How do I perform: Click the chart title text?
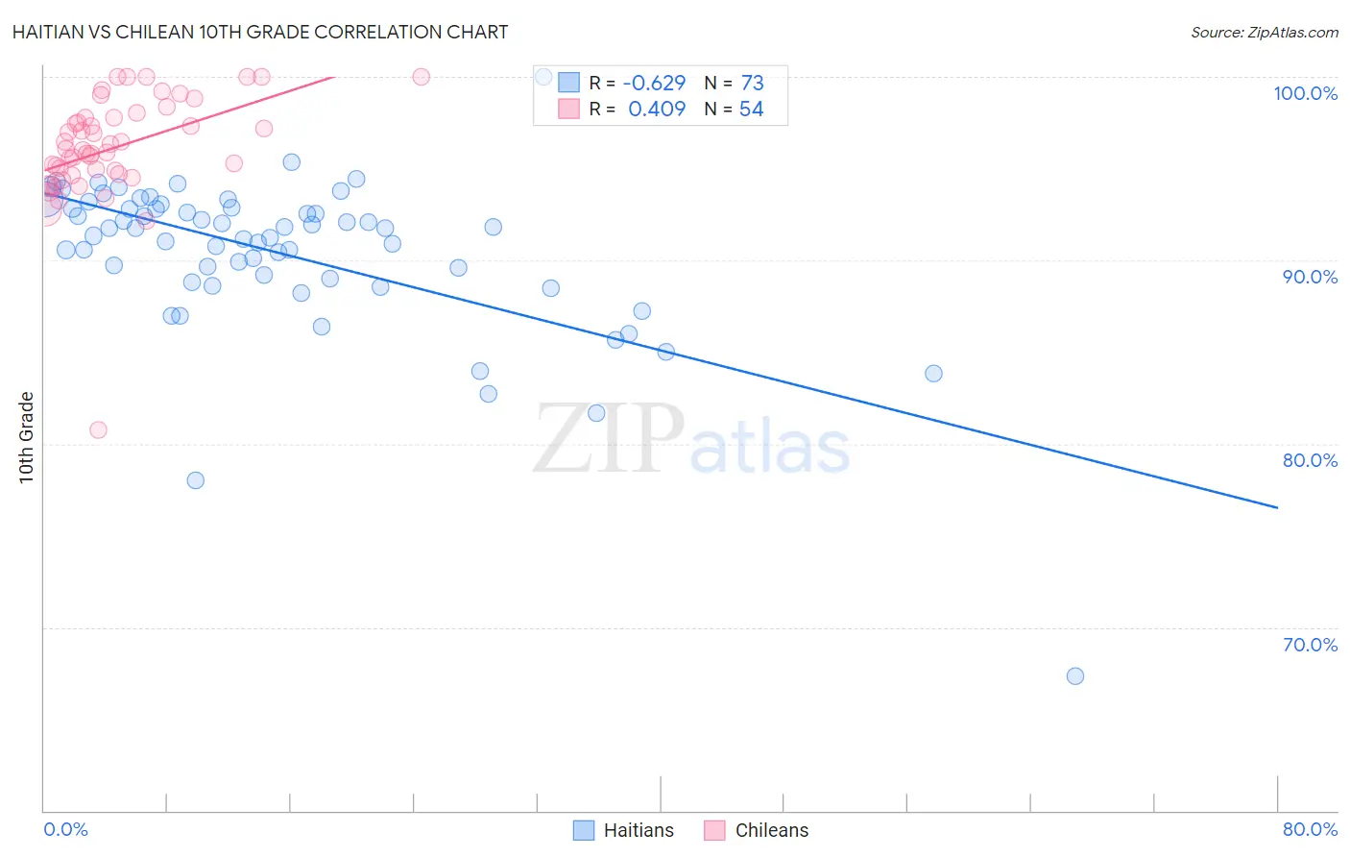[260, 32]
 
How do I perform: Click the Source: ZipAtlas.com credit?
[1264, 32]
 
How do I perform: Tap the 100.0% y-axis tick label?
[1305, 93]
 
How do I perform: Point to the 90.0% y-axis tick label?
[1310, 277]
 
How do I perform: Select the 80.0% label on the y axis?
[1310, 460]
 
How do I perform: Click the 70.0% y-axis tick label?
[1310, 645]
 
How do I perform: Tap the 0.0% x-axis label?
[65, 829]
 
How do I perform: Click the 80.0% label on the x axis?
[1310, 829]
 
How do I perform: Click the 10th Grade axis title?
[27, 437]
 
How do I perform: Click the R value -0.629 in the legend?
[654, 84]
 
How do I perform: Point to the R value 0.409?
[657, 110]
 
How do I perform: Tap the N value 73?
[752, 84]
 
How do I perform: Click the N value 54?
[751, 110]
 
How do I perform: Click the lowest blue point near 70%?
[1075, 676]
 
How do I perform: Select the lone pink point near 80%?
[98, 429]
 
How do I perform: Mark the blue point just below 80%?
[196, 480]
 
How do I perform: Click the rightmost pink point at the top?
[421, 77]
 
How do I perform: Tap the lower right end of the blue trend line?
[1277, 506]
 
